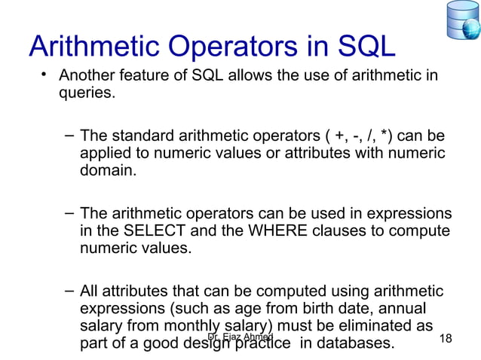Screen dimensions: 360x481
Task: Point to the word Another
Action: coord(87,77)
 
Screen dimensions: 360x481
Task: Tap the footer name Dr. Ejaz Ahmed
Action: coord(240,338)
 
